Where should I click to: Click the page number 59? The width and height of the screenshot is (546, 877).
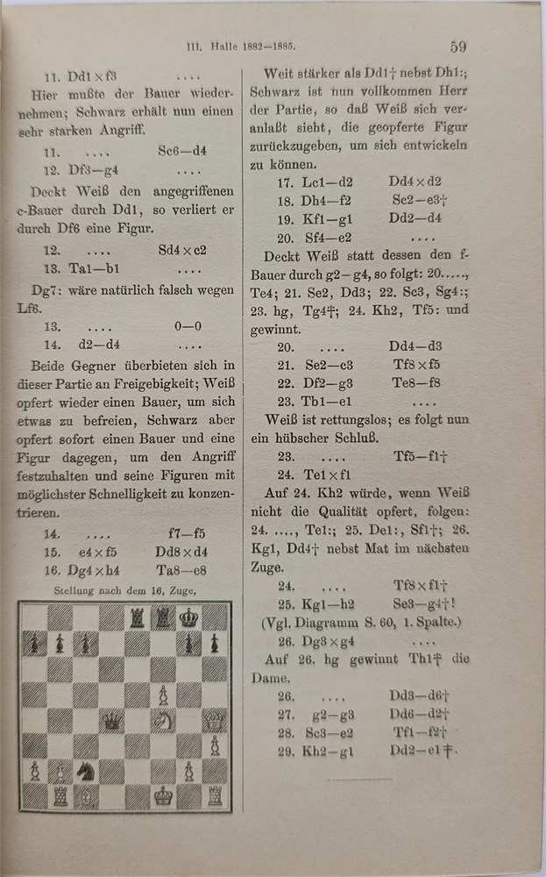tap(458, 46)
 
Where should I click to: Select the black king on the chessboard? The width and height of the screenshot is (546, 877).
tap(188, 617)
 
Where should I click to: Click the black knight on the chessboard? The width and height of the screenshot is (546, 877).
tap(86, 771)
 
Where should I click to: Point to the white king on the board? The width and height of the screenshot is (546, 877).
tap(163, 796)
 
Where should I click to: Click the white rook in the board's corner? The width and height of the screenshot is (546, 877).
tap(214, 796)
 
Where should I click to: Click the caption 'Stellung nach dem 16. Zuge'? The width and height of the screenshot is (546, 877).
tap(124, 590)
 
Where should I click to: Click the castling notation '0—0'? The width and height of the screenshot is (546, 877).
tap(188, 325)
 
